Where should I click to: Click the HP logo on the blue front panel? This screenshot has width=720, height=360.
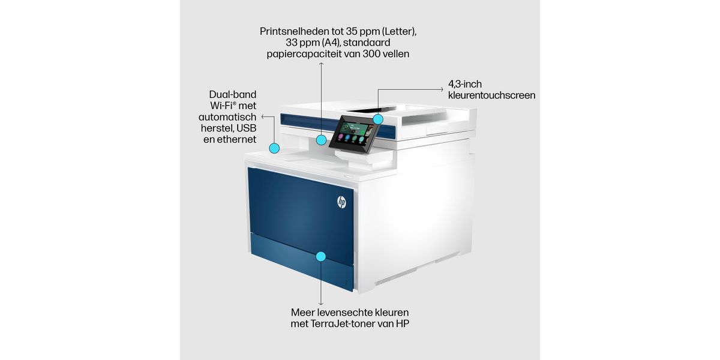[x=341, y=202]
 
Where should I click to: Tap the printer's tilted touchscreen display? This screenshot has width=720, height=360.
[x=354, y=134]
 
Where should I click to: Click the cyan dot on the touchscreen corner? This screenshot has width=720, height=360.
[x=378, y=119]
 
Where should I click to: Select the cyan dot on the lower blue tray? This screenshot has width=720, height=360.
[x=321, y=257]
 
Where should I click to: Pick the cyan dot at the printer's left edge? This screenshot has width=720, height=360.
[x=274, y=148]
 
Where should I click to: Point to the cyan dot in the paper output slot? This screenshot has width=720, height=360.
[x=321, y=140]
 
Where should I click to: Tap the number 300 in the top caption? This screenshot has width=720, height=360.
[x=372, y=53]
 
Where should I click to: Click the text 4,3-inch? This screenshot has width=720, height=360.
[x=465, y=84]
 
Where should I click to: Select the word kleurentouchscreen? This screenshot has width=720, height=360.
[x=492, y=95]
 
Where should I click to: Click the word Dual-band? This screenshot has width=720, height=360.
[x=233, y=95]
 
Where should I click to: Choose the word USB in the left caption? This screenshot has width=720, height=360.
[x=246, y=128]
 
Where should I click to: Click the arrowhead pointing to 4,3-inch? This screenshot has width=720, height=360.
[x=442, y=89]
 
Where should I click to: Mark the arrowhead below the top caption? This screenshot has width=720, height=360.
[x=321, y=64]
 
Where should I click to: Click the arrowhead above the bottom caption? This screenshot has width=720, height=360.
[x=321, y=304]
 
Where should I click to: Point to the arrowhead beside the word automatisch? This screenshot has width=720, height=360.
[x=263, y=116]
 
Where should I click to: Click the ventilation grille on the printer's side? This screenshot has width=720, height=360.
[x=395, y=277]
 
